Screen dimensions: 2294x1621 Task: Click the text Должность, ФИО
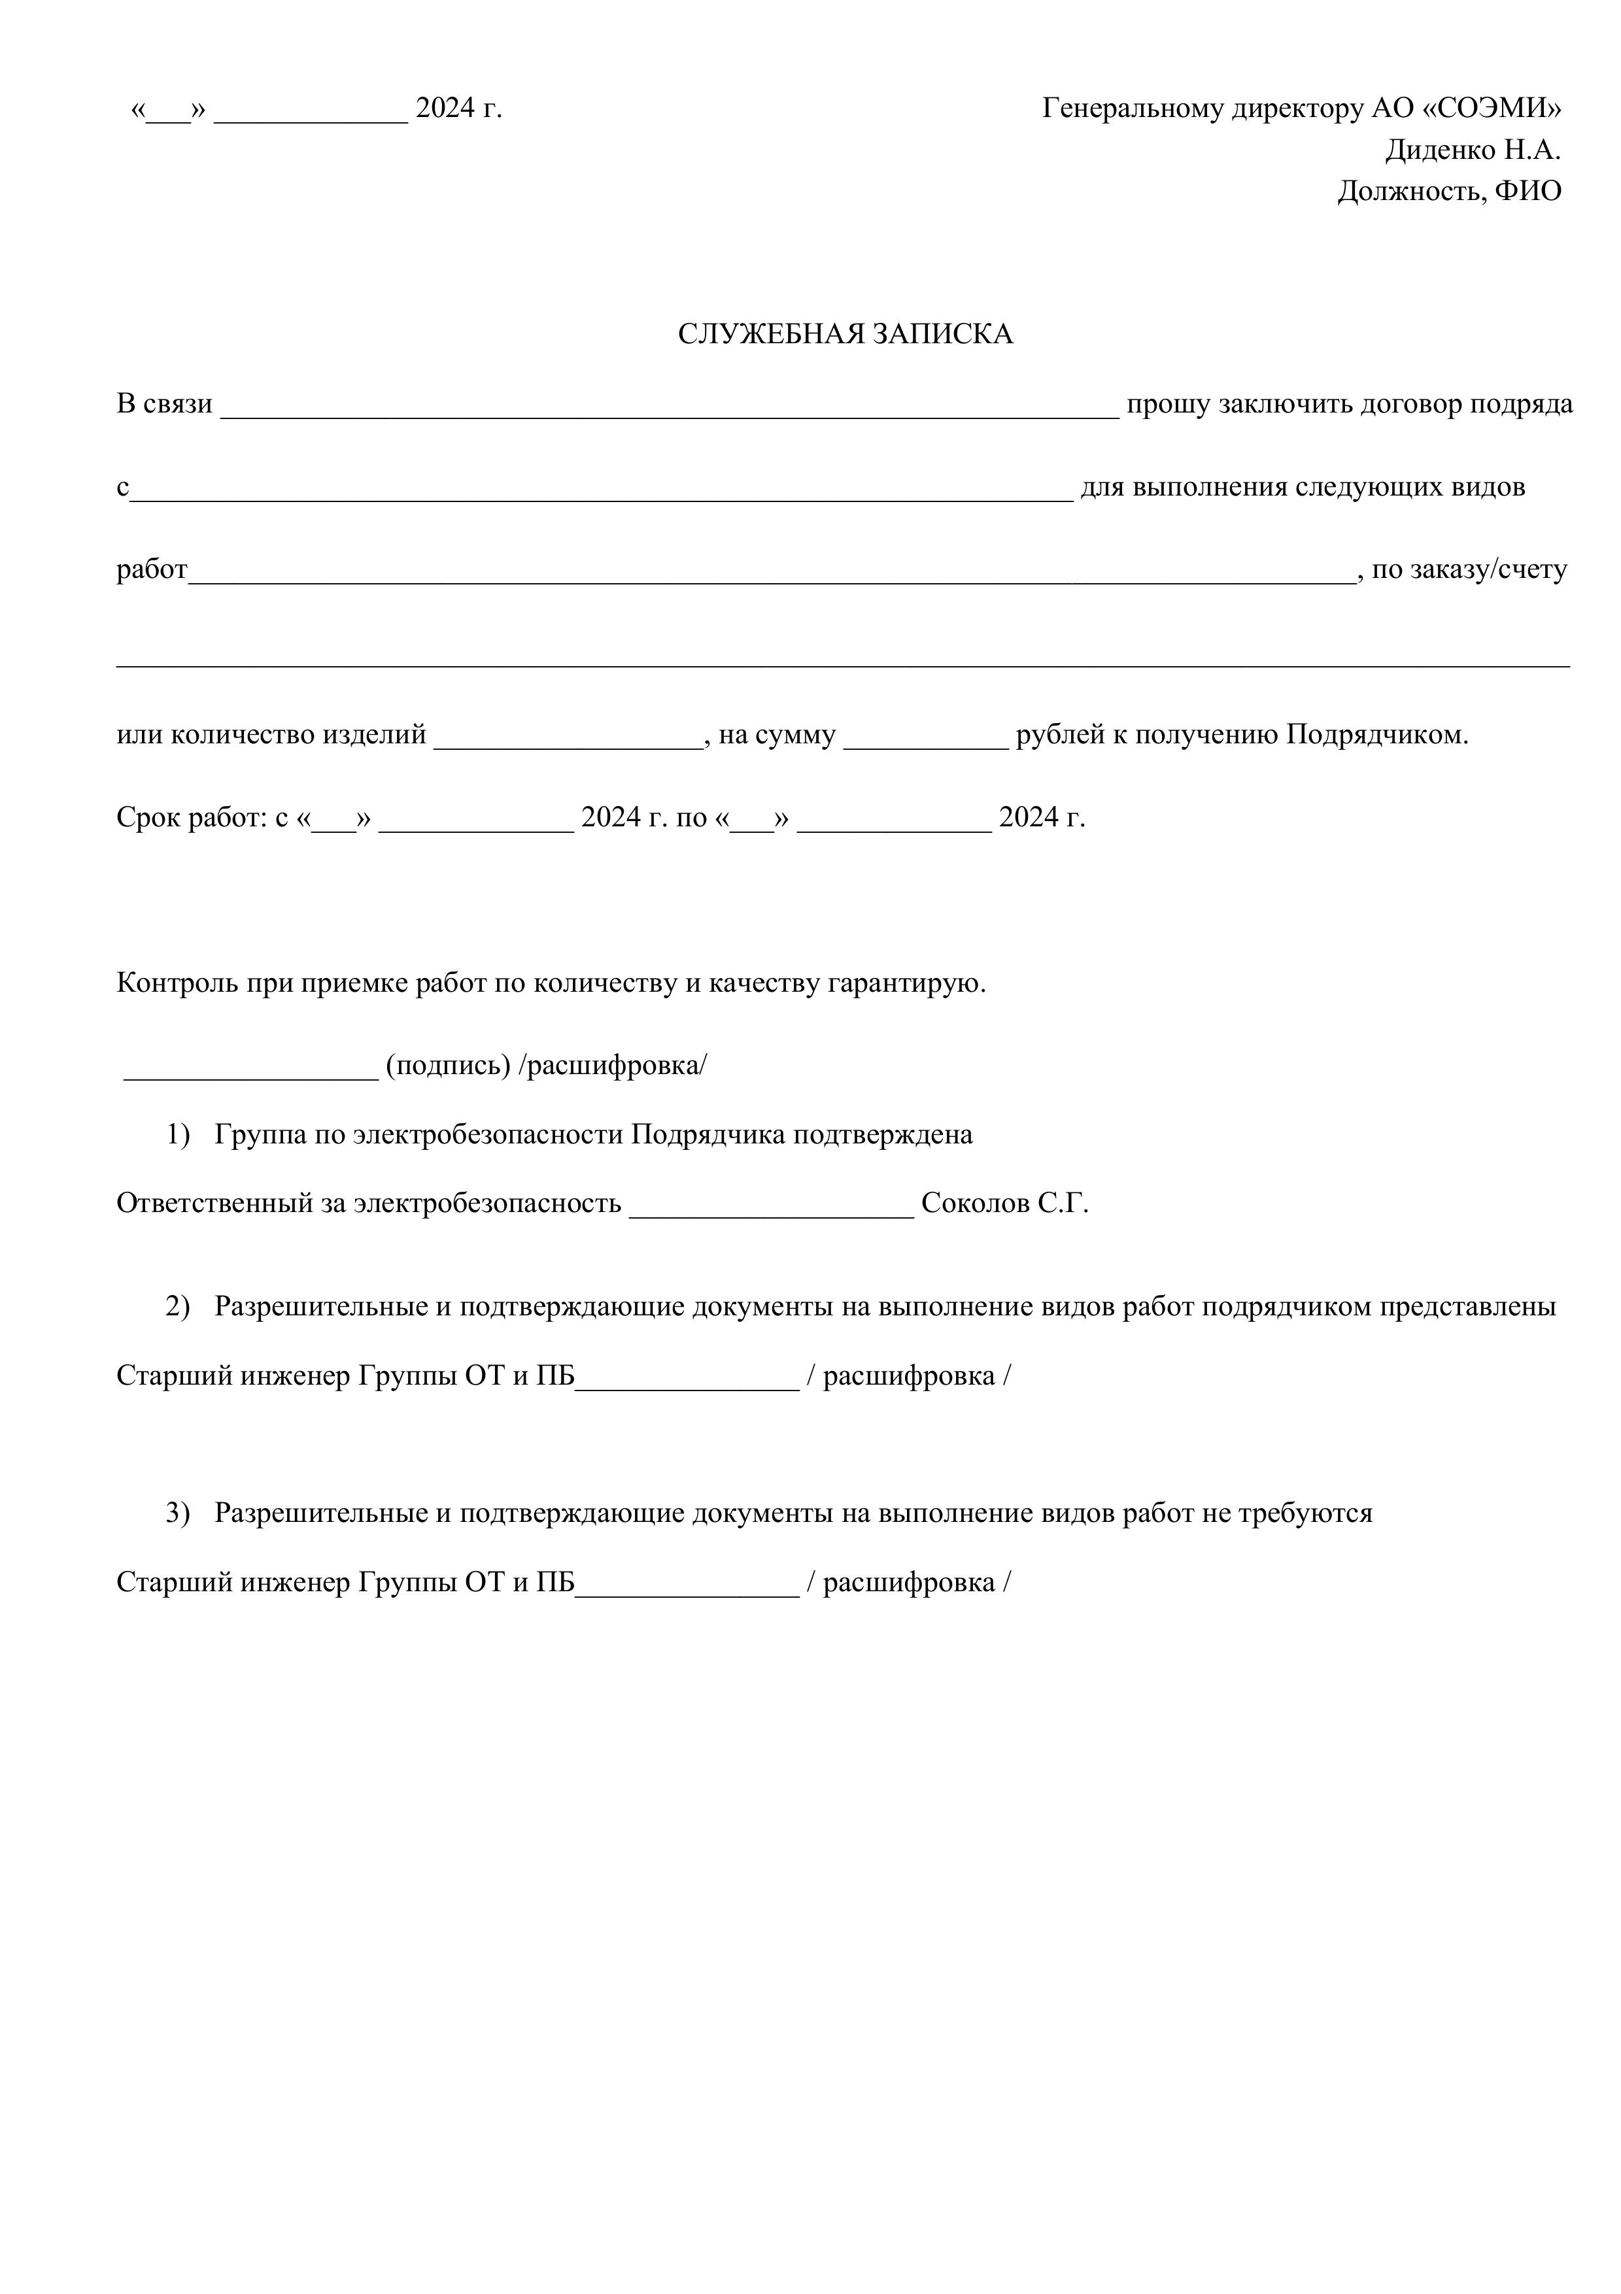tap(1449, 192)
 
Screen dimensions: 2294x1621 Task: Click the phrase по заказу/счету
tap(1469, 571)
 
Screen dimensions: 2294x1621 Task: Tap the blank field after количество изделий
tap(568, 738)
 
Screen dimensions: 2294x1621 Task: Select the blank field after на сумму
tap(925, 738)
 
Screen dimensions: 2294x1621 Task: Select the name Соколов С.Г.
tap(1004, 1204)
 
